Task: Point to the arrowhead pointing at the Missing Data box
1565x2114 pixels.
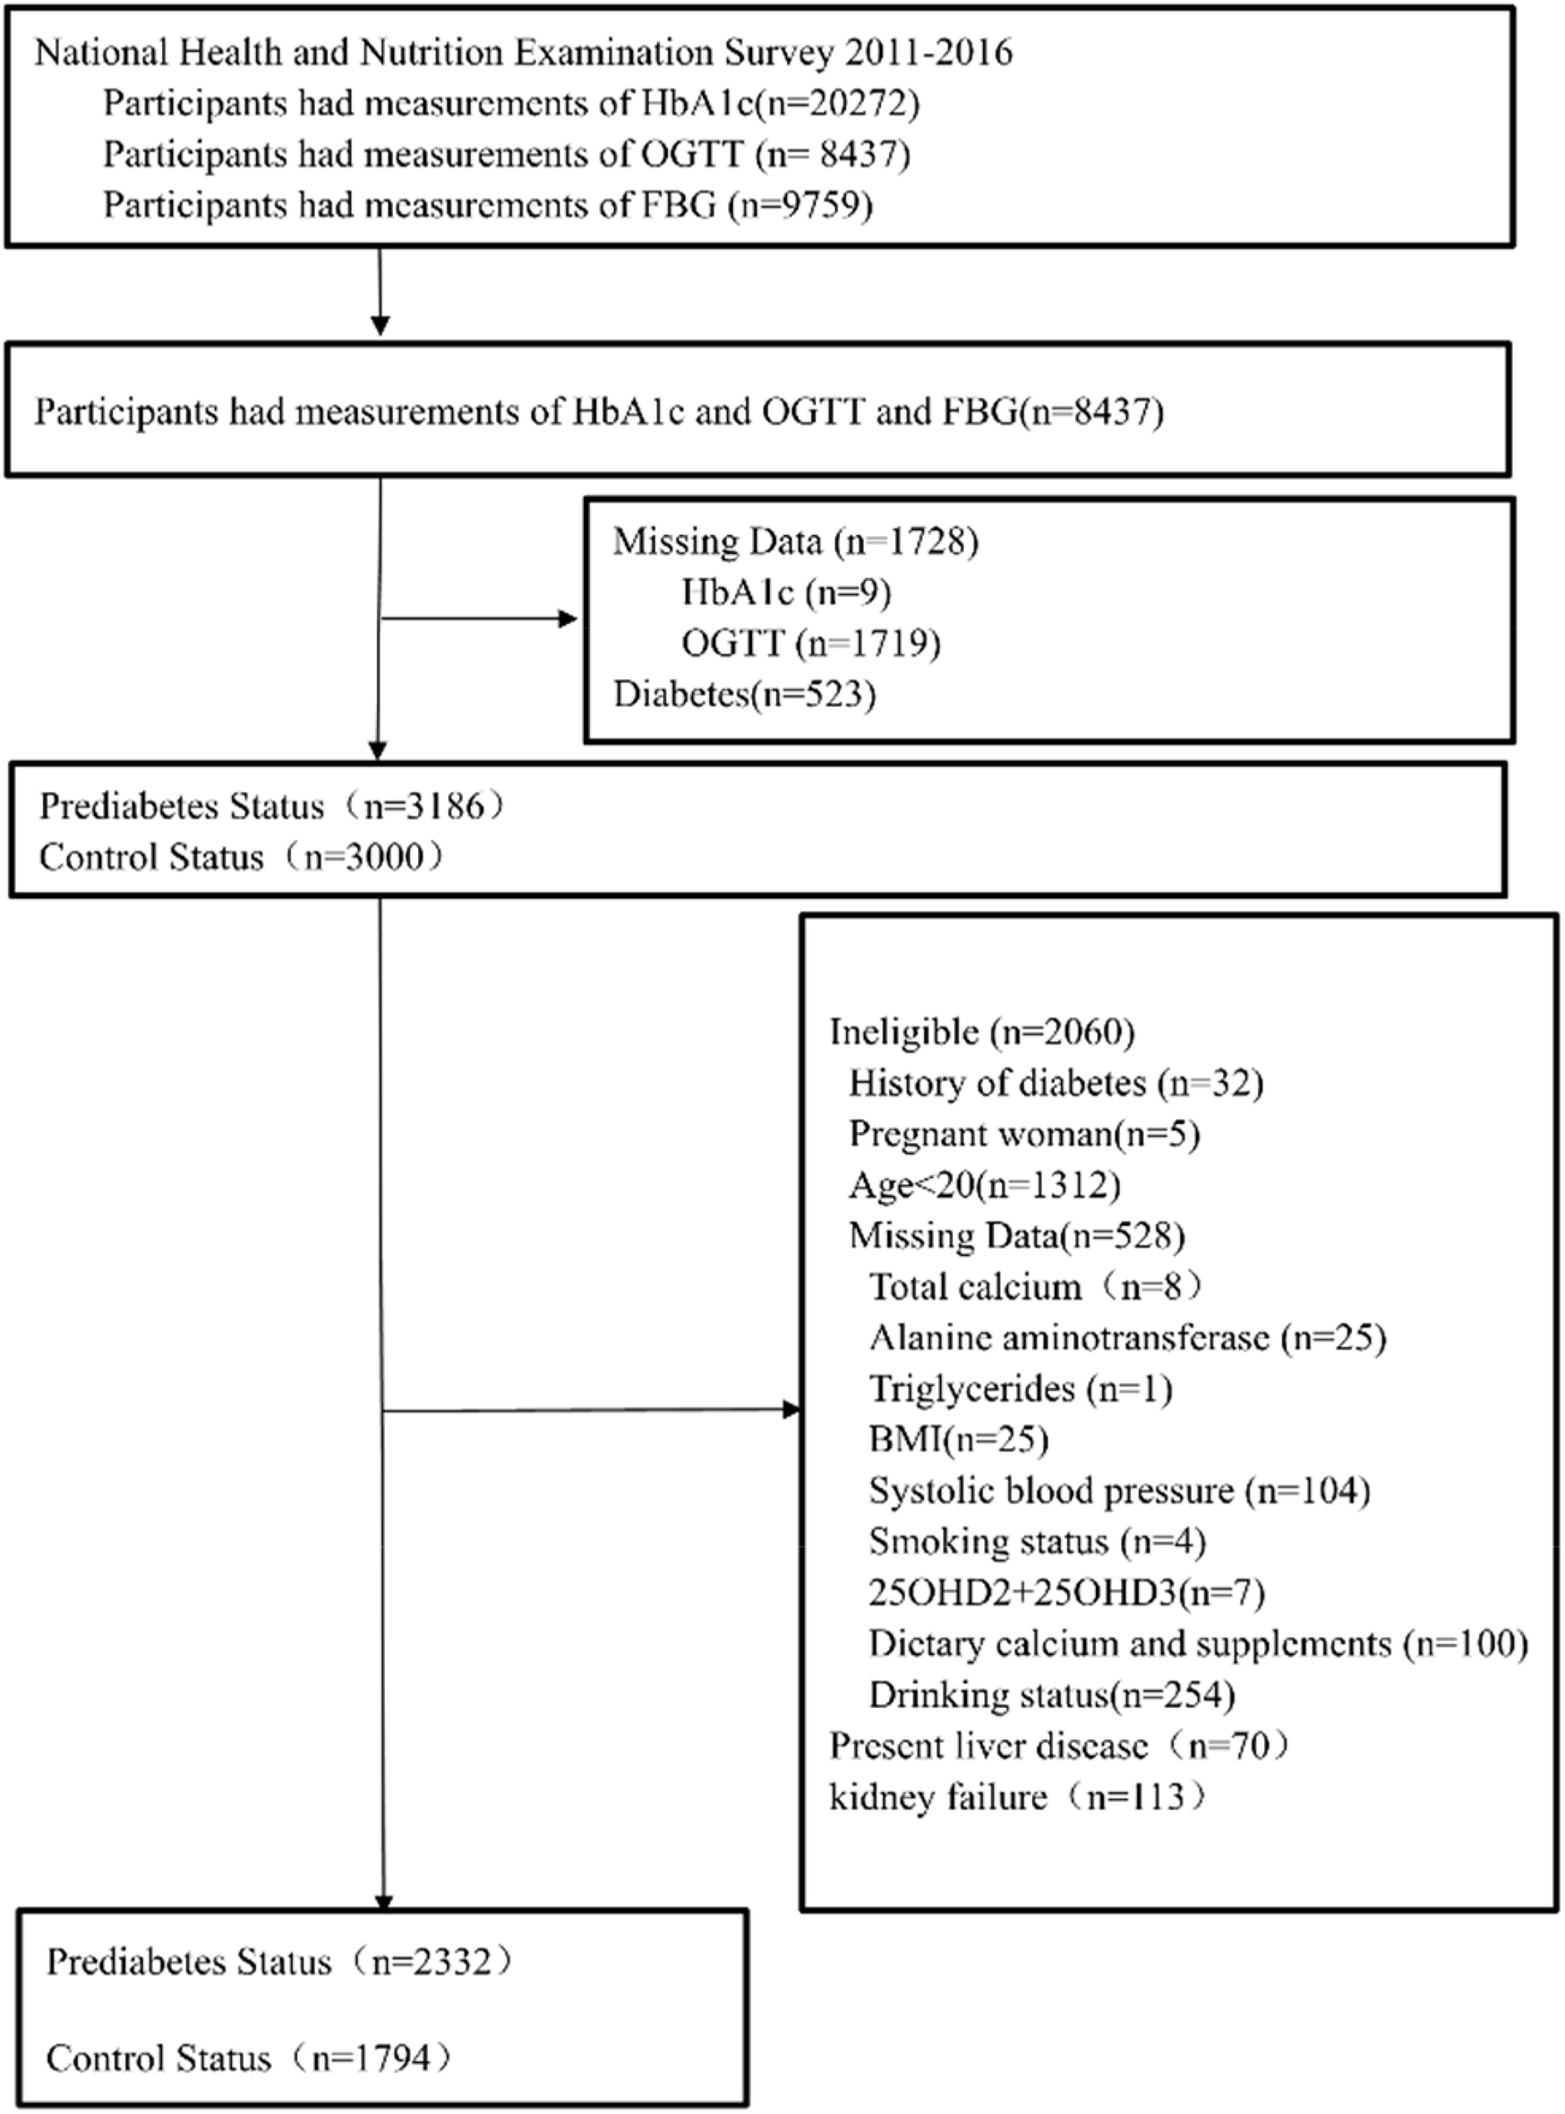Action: pyautogui.click(x=568, y=619)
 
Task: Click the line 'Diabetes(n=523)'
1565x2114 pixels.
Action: pyautogui.click(x=745, y=695)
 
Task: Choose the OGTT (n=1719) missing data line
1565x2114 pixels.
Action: pyautogui.click(x=811, y=644)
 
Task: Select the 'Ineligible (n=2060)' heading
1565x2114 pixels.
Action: pyautogui.click(x=982, y=1031)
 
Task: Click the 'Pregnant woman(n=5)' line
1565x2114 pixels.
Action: pyautogui.click(x=1024, y=1134)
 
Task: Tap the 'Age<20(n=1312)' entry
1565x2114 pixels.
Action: pyautogui.click(x=984, y=1185)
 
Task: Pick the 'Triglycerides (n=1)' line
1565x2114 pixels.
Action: pyautogui.click(x=1022, y=1388)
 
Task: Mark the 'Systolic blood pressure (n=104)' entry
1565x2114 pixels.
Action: pyautogui.click(x=1120, y=1491)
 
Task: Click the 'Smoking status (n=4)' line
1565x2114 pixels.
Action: pyautogui.click(x=1038, y=1542)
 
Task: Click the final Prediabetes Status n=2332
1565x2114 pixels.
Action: pyautogui.click(x=279, y=1962)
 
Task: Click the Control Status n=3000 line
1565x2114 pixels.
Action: pyautogui.click(x=242, y=857)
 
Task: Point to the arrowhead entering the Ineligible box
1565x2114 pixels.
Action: pyautogui.click(x=792, y=1411)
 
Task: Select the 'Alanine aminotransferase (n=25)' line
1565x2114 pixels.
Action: pyautogui.click(x=1127, y=1337)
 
